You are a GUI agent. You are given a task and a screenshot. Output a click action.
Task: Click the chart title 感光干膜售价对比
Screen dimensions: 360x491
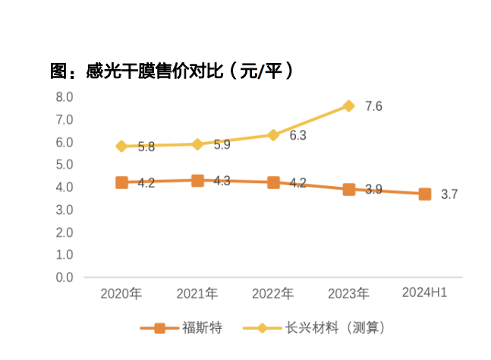(172, 72)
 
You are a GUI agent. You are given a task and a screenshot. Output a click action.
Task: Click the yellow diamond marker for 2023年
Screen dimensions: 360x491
(349, 106)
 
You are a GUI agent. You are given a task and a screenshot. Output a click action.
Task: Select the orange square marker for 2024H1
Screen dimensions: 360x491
(425, 194)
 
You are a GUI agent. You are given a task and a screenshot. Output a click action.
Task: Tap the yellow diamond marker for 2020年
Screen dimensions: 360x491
(121, 146)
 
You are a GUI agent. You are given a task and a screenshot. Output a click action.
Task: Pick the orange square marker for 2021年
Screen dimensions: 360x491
(197, 181)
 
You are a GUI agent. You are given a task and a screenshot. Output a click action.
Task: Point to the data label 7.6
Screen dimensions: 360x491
(373, 106)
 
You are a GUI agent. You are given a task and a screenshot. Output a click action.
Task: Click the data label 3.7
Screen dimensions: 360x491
(449, 194)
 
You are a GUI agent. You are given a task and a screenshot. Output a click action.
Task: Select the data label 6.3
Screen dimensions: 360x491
(297, 136)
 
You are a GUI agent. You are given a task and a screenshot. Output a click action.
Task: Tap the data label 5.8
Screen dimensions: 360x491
(146, 147)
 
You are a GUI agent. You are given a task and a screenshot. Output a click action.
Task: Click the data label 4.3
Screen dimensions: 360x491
(222, 182)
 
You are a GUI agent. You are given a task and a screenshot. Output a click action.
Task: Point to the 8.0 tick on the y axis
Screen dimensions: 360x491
(64, 97)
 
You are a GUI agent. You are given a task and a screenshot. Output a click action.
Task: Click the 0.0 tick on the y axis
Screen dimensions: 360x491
(64, 278)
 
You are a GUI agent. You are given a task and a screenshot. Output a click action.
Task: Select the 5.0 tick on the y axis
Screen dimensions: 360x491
(64, 165)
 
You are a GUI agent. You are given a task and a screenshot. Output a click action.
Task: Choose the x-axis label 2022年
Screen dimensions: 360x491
(273, 293)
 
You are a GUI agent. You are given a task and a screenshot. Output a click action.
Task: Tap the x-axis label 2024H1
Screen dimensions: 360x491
(425, 292)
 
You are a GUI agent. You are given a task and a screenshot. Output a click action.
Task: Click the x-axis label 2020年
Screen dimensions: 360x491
(121, 293)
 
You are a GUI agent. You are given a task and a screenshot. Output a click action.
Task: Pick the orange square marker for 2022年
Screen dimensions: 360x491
(273, 183)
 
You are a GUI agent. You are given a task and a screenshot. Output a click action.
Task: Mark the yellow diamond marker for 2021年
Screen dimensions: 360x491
(197, 144)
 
